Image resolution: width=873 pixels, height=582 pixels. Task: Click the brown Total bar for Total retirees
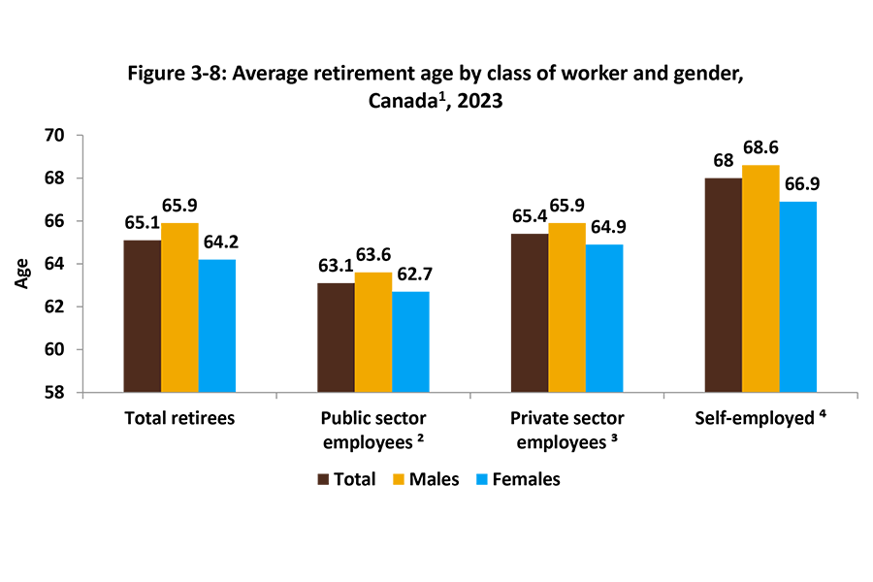pos(142,316)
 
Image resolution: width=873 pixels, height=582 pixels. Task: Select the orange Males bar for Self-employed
pos(760,279)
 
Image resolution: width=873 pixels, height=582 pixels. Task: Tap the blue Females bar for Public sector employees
pos(410,341)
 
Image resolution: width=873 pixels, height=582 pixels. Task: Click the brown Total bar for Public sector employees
pos(336,338)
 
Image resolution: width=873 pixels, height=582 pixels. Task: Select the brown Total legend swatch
pos(324,478)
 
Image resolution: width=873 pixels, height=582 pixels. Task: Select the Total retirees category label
pos(179,420)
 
